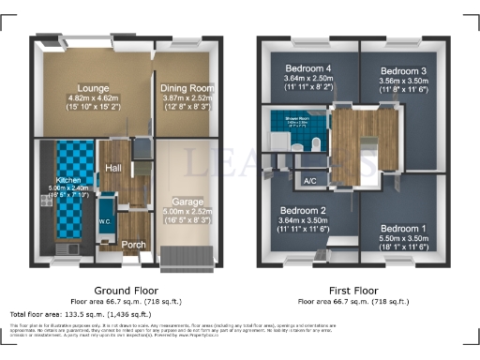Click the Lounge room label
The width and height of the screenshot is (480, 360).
[92, 86]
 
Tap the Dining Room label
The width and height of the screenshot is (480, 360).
[187, 86]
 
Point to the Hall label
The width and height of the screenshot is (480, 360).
[112, 167]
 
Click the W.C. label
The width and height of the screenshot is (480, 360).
[105, 222]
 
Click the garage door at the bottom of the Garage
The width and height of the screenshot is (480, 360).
[188, 255]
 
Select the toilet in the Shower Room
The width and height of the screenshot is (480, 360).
[296, 147]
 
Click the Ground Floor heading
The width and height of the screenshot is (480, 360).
[126, 290]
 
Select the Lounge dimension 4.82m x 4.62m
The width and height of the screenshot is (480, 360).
[92, 97]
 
